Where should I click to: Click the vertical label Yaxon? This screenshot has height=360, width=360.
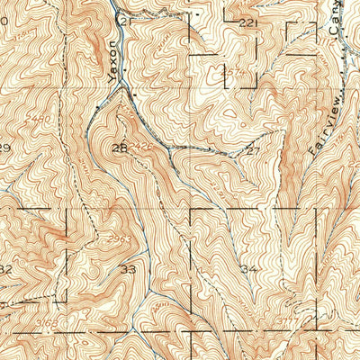click(112, 62)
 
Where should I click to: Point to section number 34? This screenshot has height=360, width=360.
click(249, 268)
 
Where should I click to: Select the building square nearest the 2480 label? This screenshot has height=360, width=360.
click(96, 108)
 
